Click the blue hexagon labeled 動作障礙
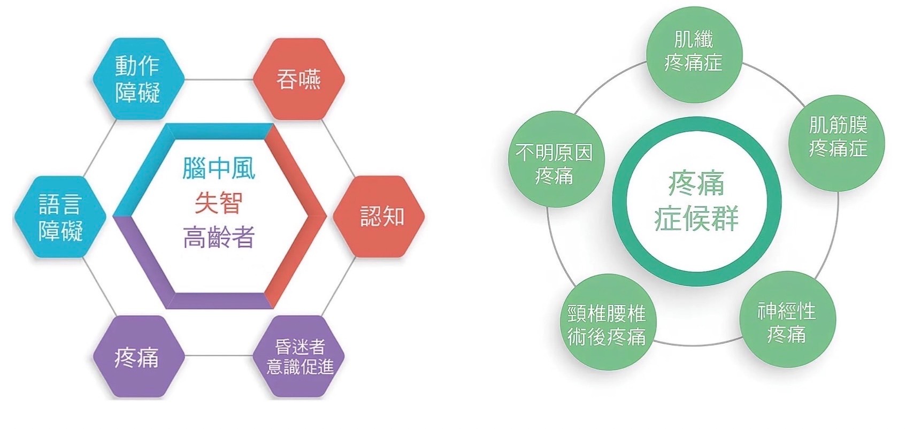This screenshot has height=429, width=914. point(139,79)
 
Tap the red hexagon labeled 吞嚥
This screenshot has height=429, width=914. point(298,79)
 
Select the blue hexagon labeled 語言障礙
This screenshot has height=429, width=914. point(60,217)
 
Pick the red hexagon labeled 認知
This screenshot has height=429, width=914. point(379,217)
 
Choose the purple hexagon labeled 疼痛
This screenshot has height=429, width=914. point(139,356)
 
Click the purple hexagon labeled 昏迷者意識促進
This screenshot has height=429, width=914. point(298,356)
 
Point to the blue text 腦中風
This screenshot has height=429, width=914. point(219,168)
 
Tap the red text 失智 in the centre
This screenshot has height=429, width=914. point(219,203)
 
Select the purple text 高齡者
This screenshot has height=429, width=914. point(219,237)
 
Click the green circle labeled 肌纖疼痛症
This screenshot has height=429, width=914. point(694,55)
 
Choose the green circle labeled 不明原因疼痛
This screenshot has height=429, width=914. point(556,159)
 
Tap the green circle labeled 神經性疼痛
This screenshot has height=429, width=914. point(787,319)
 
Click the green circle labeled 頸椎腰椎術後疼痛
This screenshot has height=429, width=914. point(608,323)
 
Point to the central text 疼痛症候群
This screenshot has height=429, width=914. point(696,201)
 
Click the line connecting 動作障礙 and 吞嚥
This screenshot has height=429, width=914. point(219,80)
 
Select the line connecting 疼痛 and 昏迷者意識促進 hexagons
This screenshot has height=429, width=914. point(219,356)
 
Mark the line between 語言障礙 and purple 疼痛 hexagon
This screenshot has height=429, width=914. point(100,287)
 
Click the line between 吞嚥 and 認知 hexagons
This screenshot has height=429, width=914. point(338,148)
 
